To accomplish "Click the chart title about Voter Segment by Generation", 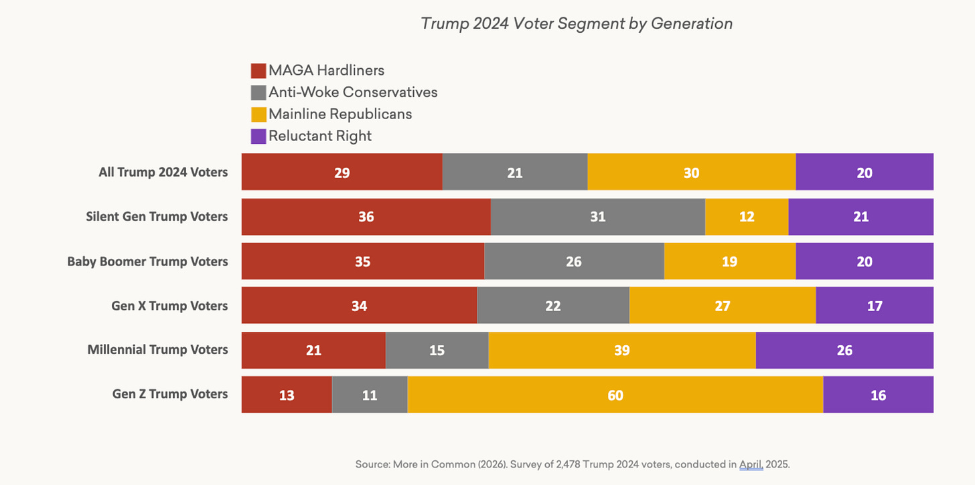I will pos(577,23).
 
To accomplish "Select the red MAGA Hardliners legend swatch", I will pos(258,70).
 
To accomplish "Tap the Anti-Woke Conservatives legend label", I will pos(353,92).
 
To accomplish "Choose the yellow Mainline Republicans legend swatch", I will pos(258,114).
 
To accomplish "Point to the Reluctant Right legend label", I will pos(320,136).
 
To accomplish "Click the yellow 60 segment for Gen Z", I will pos(615,395).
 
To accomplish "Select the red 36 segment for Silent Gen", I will pos(366,217).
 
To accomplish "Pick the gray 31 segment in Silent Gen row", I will pos(597,217).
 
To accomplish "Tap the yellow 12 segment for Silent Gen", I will pos(746,217).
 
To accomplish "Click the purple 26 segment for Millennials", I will pos(844,350).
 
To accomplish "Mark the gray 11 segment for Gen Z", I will pos(370,395).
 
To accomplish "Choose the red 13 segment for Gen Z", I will pos(287,395).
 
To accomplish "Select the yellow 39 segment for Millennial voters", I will pos(621,350).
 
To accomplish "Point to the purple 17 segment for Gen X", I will pos(875,306).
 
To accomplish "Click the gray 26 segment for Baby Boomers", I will pos(574,261).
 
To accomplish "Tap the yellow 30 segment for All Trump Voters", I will pos(691,172).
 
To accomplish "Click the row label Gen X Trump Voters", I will pos(169,306).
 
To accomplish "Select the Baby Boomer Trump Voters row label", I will pos(147,261).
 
